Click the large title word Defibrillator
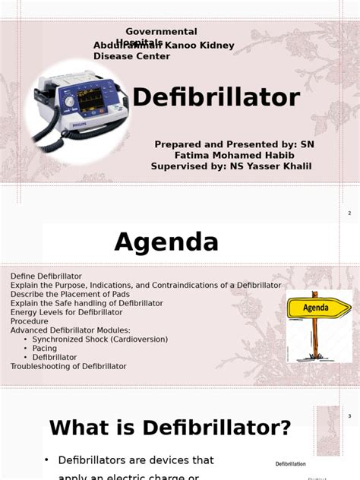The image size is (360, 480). click(216, 98)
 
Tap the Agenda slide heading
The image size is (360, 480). click(166, 242)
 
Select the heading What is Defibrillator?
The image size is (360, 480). click(170, 428)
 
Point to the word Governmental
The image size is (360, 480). click(161, 32)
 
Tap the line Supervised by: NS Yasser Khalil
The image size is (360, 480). click(231, 166)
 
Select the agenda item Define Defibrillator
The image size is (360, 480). click(46, 276)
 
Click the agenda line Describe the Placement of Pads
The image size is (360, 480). click(70, 294)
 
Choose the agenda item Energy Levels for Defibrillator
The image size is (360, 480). click(66, 312)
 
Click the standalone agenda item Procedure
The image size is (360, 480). click(29, 321)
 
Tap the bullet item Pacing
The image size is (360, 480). click(45, 349)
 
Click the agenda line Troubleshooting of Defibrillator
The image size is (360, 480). click(68, 366)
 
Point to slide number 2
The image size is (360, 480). click(349, 213)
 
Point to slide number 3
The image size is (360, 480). click(349, 416)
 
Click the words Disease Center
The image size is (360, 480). click(131, 56)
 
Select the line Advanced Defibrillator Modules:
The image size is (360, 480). click(70, 330)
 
